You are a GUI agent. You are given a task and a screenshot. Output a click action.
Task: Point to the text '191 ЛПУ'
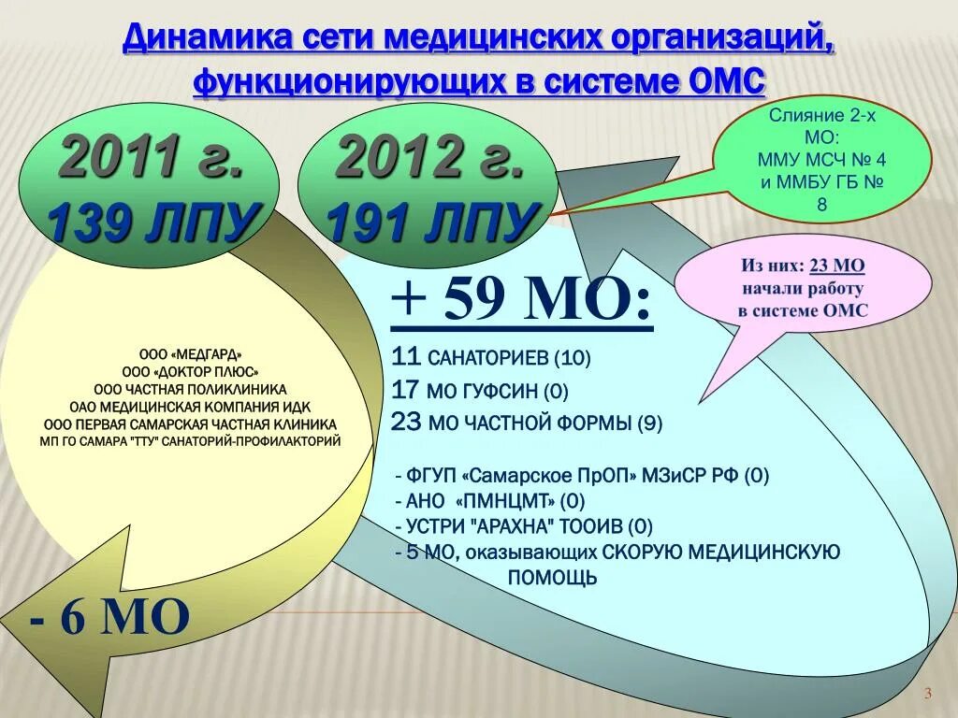pyautogui.click(x=432, y=223)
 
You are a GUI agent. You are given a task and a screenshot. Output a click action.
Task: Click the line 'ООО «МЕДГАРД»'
pyautogui.click(x=190, y=354)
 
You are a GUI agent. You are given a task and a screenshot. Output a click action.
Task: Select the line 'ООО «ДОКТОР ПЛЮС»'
pyautogui.click(x=190, y=371)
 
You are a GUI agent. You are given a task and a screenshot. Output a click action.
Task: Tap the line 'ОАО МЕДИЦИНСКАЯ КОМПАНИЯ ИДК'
pyautogui.click(x=190, y=407)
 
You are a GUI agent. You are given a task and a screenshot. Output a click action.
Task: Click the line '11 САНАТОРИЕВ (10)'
pyautogui.click(x=492, y=357)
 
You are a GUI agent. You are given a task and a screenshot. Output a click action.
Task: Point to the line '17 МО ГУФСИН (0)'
pyautogui.click(x=481, y=390)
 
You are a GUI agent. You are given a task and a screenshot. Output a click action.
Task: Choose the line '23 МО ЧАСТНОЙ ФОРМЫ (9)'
pyautogui.click(x=528, y=423)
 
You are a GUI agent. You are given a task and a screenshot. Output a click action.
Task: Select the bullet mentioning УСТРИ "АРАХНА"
pyautogui.click(x=524, y=525)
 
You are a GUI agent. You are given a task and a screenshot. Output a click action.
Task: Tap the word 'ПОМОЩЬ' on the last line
pyautogui.click(x=552, y=578)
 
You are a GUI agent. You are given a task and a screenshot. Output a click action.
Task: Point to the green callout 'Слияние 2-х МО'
pyautogui.click(x=821, y=159)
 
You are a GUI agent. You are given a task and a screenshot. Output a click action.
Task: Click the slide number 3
pyautogui.click(x=928, y=693)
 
